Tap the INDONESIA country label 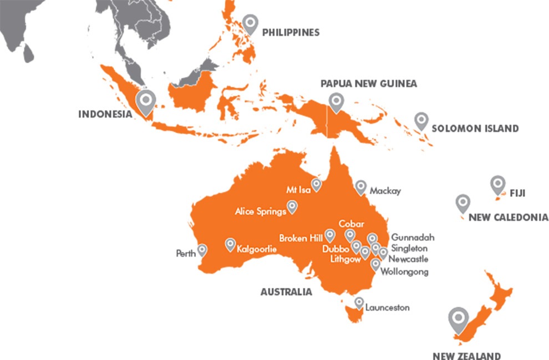(x=105, y=115)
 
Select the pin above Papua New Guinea (x=335, y=102)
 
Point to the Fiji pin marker (x=497, y=184)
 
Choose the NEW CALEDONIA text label (x=508, y=217)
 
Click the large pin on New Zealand (x=459, y=319)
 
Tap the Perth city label (x=185, y=253)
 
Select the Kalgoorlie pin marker (x=230, y=244)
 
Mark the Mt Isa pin (x=317, y=184)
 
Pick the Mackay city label (x=386, y=191)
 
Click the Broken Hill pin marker (x=329, y=235)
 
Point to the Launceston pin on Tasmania (x=359, y=302)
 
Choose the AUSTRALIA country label (x=286, y=292)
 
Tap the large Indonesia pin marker (x=146, y=101)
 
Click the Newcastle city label (x=408, y=259)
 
